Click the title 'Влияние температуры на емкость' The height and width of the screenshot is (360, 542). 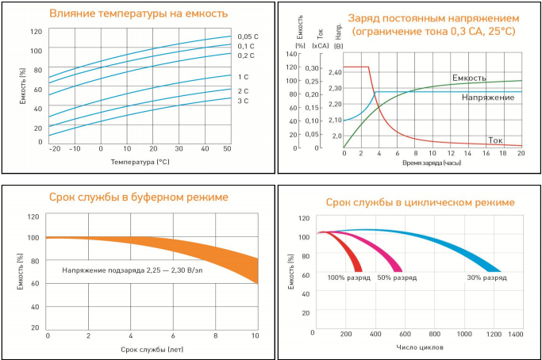138,13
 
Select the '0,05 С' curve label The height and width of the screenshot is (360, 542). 248,36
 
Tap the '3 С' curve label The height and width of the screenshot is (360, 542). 243,101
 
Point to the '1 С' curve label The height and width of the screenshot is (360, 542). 243,76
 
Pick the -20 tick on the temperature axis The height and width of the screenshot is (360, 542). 54,149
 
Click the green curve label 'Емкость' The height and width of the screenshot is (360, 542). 469,78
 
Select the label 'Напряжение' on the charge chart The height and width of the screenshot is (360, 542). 487,97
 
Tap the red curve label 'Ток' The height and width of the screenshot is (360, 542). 496,140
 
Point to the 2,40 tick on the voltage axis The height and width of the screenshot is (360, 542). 334,72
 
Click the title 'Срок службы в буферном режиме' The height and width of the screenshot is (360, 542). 138,197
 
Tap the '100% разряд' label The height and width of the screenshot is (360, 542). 348,278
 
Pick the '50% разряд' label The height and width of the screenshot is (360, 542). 397,278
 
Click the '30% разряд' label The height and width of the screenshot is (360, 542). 486,278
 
